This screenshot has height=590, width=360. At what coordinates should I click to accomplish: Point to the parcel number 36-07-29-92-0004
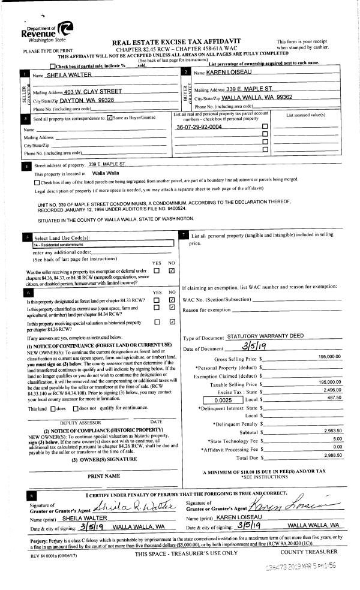(199, 127)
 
